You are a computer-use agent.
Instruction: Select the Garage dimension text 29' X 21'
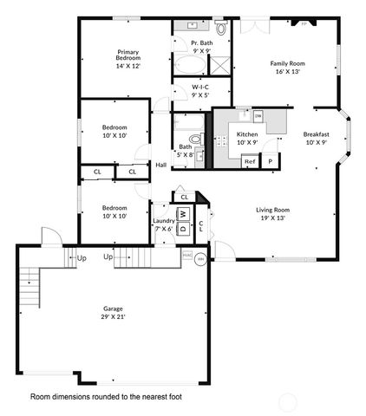pyautogui.click(x=113, y=317)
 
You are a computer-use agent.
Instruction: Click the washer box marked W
pyautogui.click(x=183, y=214)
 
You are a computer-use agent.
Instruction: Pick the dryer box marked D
pyautogui.click(x=183, y=229)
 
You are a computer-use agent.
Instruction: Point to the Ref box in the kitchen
pyautogui.click(x=250, y=161)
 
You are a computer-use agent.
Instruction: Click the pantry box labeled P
pyautogui.click(x=270, y=161)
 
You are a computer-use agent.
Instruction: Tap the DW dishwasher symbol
pyautogui.click(x=258, y=115)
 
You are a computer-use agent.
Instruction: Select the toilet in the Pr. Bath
pyautogui.click(x=220, y=29)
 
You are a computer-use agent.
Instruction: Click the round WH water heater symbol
pyautogui.click(x=200, y=258)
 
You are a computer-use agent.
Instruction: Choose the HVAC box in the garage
pyautogui.click(x=186, y=256)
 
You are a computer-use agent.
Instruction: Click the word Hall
pyautogui.click(x=161, y=165)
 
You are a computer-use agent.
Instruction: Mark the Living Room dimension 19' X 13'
pyautogui.click(x=272, y=218)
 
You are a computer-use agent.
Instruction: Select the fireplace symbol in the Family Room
pyautogui.click(x=303, y=23)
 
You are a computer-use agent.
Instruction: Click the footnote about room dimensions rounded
pyautogui.click(x=106, y=397)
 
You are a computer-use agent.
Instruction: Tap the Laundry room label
pyautogui.click(x=163, y=221)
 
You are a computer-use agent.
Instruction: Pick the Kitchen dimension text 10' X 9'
pyautogui.click(x=248, y=142)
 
